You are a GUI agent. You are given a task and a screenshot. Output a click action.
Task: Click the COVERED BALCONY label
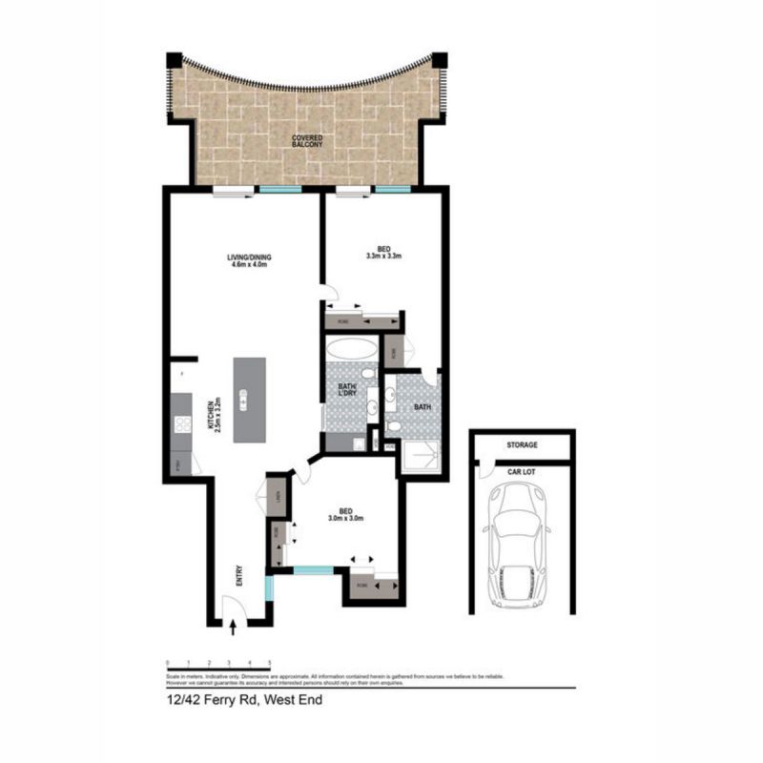[307, 144]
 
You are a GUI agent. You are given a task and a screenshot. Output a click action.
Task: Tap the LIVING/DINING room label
[245, 259]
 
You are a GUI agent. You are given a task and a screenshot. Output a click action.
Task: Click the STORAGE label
[522, 445]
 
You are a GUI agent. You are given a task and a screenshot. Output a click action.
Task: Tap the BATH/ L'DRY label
[347, 391]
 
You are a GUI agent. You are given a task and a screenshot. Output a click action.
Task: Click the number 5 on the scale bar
[270, 662]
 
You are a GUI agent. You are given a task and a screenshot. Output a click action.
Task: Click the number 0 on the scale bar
[167, 662]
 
